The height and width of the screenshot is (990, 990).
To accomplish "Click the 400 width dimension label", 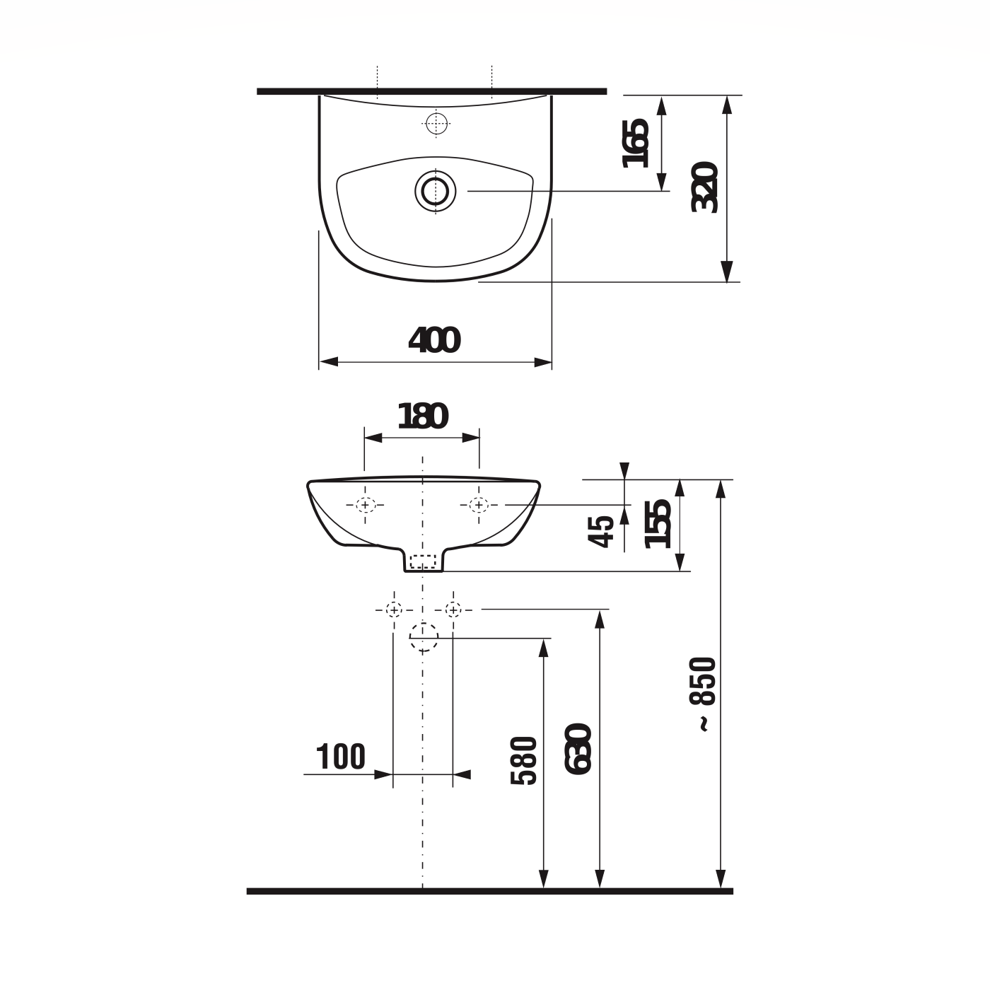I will [434, 341].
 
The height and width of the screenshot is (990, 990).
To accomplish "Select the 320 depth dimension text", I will [706, 187].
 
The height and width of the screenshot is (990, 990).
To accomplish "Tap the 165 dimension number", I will [636, 144].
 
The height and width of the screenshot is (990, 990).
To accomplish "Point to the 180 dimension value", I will [422, 417].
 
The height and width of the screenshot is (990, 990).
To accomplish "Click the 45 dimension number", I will [602, 531].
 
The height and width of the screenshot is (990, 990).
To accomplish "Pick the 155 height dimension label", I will [658, 523].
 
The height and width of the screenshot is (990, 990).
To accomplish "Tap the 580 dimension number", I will [524, 761].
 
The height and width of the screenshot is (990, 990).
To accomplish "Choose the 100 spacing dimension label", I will [341, 757].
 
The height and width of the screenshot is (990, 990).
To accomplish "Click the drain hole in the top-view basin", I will [435, 190].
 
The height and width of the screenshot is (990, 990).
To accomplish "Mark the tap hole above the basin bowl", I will [438, 123].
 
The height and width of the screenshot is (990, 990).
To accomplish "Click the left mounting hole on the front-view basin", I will [365, 505].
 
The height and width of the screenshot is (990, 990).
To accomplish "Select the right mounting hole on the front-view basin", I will [479, 505].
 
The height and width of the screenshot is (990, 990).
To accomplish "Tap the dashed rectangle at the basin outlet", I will [423, 561].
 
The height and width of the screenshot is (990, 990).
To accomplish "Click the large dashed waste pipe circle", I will [424, 637].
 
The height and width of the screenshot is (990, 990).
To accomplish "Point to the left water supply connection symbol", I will [393, 609].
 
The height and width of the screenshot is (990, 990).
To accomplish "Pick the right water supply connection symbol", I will [453, 609].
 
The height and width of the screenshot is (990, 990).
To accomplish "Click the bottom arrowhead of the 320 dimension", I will [726, 272].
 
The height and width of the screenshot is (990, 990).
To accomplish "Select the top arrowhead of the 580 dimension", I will [543, 648].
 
